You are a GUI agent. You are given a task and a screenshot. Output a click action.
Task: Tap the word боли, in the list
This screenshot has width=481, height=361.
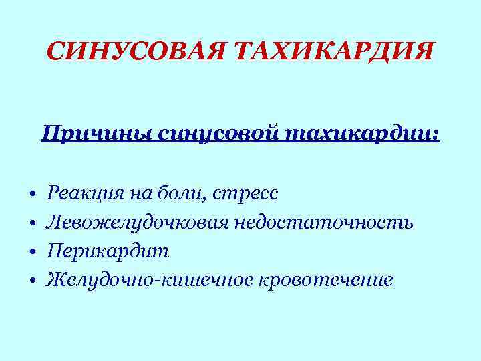pyautogui.click(x=182, y=194)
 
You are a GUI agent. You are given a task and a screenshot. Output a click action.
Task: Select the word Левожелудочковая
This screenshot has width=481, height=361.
pyautogui.click(x=137, y=223)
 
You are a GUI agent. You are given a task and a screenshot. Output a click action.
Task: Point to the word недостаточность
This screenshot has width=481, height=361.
pyautogui.click(x=324, y=223)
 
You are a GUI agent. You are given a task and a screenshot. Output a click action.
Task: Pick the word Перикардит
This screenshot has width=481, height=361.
pyautogui.click(x=108, y=251)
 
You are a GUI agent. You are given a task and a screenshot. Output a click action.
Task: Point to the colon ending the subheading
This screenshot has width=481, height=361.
pyautogui.click(x=436, y=136)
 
